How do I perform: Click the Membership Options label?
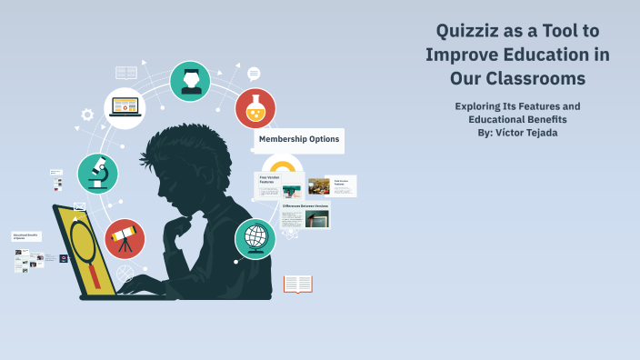(x=299, y=139)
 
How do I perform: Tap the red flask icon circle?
(x=255, y=108)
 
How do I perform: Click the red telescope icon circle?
(x=125, y=238)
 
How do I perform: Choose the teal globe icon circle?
(x=255, y=239)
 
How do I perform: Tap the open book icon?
(x=298, y=285)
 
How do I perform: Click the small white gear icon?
(x=87, y=115)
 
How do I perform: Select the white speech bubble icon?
(x=254, y=74)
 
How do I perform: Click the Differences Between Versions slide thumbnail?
(x=305, y=215)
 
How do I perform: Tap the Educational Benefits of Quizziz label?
(x=26, y=235)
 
